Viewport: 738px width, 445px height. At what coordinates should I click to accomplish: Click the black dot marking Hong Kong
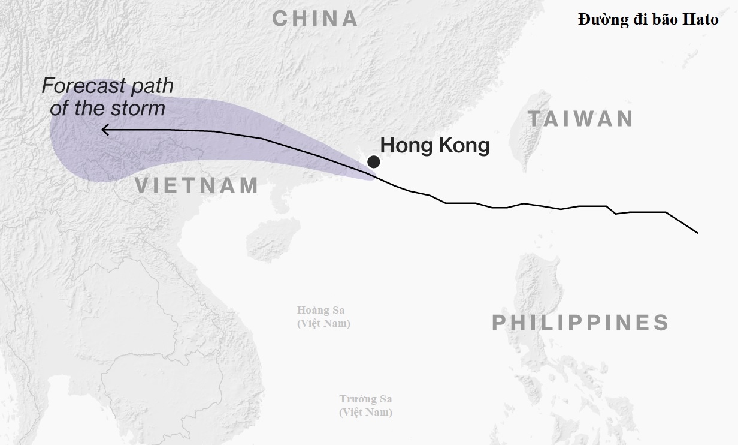point(374,161)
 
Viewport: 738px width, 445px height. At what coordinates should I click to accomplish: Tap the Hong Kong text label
point(435,145)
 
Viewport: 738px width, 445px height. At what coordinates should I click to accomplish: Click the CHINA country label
point(315,19)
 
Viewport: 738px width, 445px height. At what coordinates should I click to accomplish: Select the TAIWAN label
point(580,119)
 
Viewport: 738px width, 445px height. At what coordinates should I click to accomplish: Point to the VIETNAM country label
point(196,185)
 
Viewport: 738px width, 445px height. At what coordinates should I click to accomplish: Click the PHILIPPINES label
point(580,323)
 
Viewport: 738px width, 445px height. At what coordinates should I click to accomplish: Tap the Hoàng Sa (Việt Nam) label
point(323,317)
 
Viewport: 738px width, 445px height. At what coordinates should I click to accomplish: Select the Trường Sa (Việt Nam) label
point(365,405)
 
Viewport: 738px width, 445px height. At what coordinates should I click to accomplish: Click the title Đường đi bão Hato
point(648,20)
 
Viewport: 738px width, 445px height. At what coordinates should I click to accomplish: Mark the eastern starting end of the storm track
point(697,232)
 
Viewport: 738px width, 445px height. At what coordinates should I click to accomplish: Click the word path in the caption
point(152,86)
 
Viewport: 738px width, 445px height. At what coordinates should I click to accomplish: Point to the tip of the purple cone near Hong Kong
point(374,176)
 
